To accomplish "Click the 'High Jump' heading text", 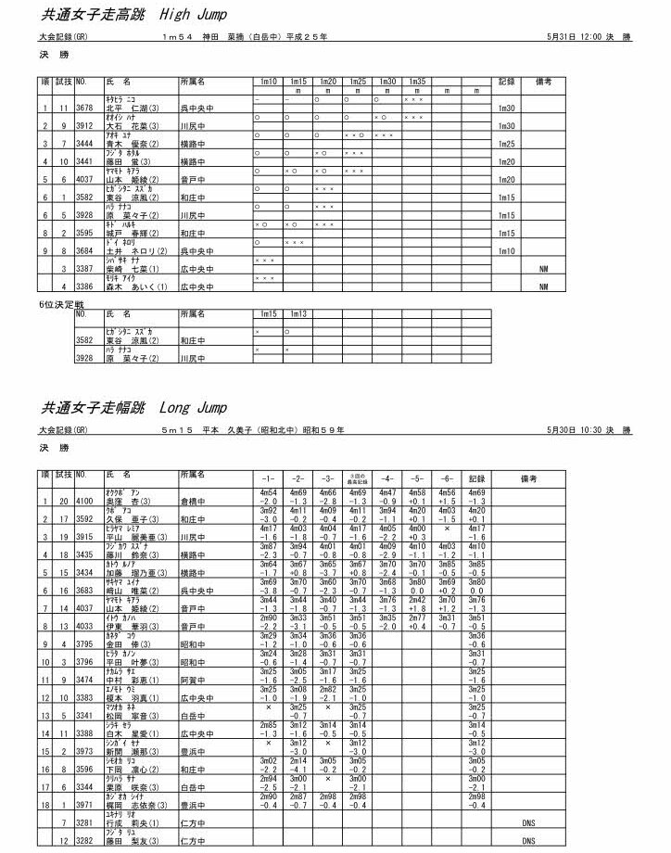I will pyautogui.click(x=194, y=15).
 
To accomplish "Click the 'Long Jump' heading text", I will pyautogui.click(x=194, y=408).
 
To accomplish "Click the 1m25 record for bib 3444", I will pyautogui.click(x=506, y=145).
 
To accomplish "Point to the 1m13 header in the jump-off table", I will pyautogui.click(x=298, y=315).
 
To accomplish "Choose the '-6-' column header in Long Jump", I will pyautogui.click(x=448, y=478).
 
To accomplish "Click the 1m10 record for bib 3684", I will pyautogui.click(x=506, y=251).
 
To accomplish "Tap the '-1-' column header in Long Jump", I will pyautogui.click(x=269, y=478).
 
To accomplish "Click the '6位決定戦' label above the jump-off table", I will pyautogui.click(x=59, y=304).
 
